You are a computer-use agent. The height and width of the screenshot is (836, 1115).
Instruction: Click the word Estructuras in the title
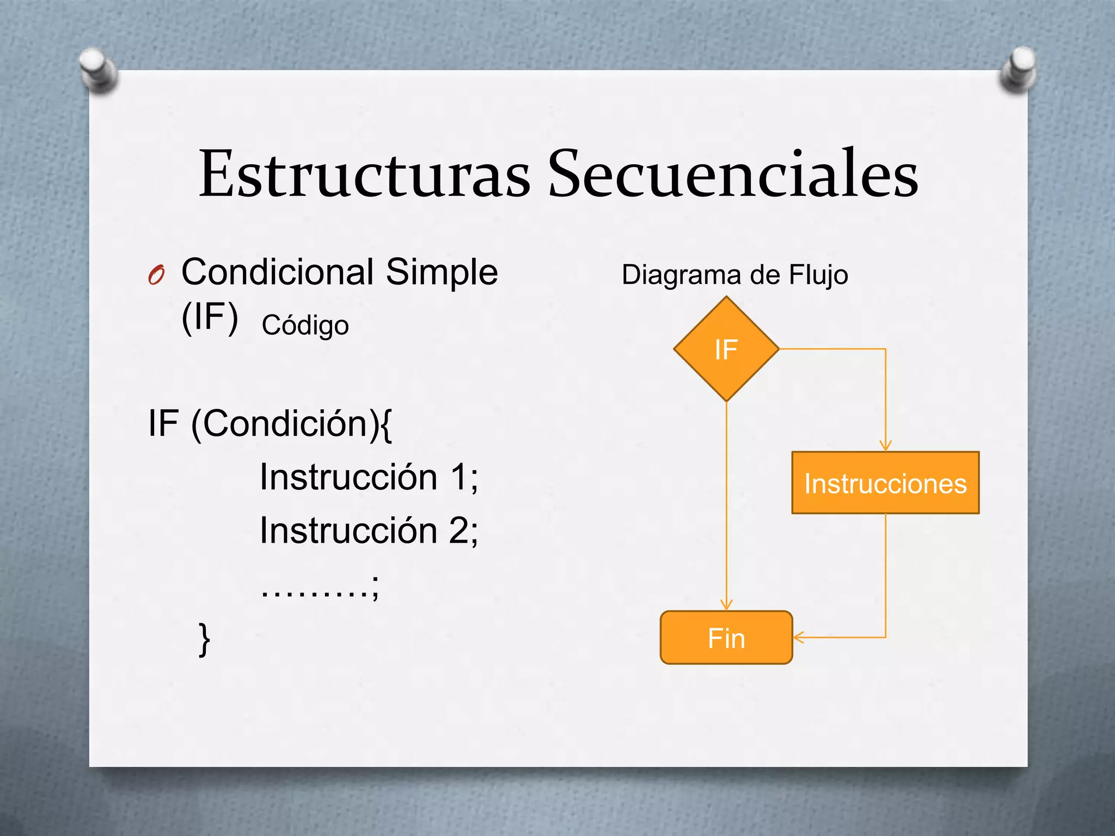coord(364,174)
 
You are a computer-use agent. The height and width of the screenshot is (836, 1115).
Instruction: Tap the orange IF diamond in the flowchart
coord(726,349)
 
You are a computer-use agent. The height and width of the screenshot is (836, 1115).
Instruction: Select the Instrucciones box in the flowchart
coord(885,483)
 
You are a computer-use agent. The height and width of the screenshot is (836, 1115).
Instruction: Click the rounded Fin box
coord(726,637)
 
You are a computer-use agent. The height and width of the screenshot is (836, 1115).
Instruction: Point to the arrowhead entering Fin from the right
coord(799,637)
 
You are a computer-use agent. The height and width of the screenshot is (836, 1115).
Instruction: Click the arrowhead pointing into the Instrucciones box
coord(885,446)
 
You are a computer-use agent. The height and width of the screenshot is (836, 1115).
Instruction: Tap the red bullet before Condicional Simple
coord(156,275)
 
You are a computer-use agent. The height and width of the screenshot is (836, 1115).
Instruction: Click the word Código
coord(305,325)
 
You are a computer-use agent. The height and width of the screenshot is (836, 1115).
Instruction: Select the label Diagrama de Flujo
coord(734,275)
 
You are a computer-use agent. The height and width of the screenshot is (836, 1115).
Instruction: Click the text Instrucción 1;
coord(369,477)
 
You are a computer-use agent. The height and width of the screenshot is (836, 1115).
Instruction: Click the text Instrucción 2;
coord(369,531)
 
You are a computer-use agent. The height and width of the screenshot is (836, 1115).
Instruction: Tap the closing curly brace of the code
coord(204,640)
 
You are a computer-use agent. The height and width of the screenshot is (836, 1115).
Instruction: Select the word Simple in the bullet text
coord(442,272)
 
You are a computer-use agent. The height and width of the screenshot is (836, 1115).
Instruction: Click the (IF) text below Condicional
coord(210,317)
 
